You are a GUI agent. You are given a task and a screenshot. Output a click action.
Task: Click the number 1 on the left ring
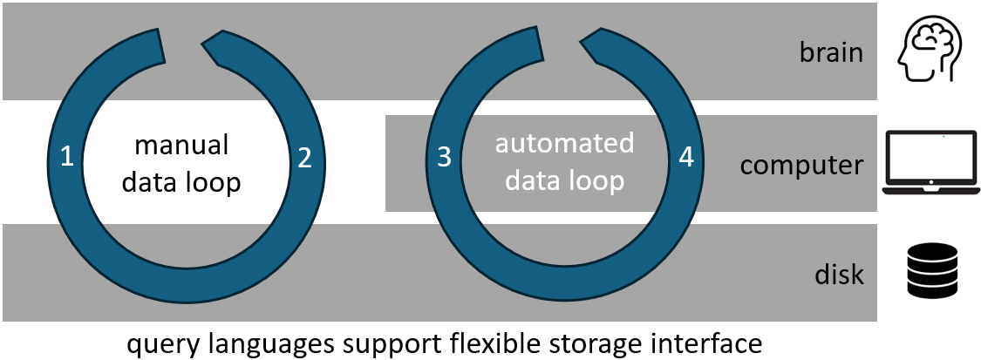coord(66,158)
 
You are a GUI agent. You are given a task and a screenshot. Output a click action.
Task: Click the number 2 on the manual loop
coord(303,158)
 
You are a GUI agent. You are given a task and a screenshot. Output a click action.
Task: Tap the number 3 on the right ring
coord(444,158)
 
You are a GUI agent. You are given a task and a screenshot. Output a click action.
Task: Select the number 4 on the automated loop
coord(686,158)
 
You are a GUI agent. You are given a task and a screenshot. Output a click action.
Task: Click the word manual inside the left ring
coord(181,144)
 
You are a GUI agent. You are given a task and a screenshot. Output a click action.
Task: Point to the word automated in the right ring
coord(564,143)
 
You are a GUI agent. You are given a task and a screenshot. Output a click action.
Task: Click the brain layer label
coord(831,53)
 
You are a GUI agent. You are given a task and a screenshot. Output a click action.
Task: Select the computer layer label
coord(801,165)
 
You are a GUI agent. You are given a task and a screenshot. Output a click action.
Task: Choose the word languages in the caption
coord(276,343)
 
